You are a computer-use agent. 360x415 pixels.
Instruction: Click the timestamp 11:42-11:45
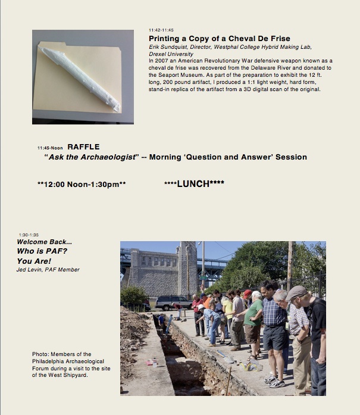pos(161,30)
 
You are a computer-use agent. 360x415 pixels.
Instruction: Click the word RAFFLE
pos(83,146)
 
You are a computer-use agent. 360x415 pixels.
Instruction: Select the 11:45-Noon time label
pos(49,148)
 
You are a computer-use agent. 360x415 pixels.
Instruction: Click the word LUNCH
pos(194,184)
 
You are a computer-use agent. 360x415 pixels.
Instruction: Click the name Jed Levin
pos(30,270)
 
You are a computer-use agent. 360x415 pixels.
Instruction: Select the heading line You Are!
pos(34,261)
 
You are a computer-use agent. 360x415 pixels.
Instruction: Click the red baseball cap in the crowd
pos(247,293)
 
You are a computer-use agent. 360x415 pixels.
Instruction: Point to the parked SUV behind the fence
pos(173,302)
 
